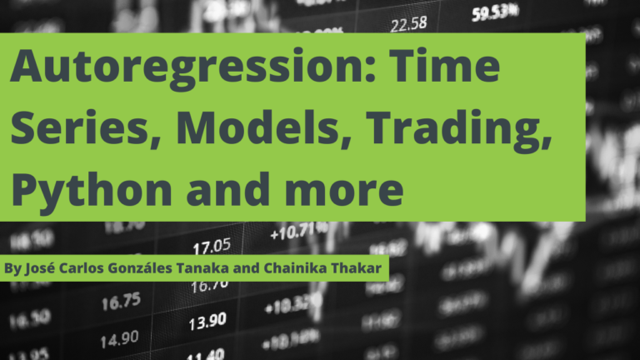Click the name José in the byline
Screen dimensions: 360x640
[x=42, y=269]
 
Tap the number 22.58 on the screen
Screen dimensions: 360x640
[x=408, y=22]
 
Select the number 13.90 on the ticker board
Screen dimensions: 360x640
[x=207, y=320]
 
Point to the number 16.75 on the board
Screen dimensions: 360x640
[x=122, y=302]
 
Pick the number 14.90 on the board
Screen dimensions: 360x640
[x=119, y=339]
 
